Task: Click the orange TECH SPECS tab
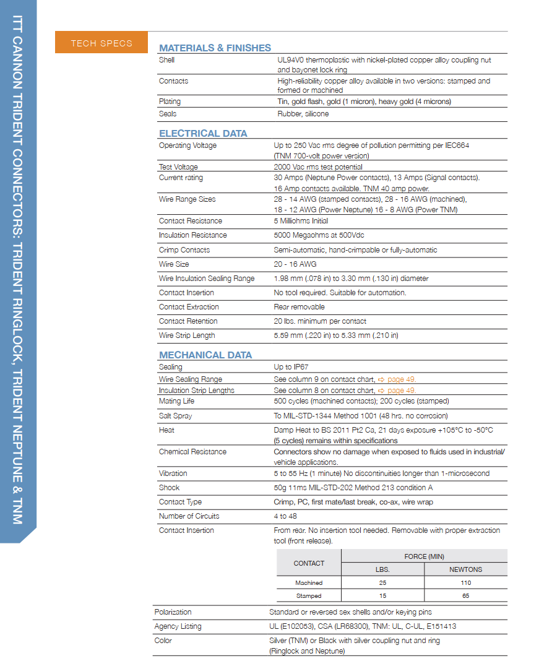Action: (x=101, y=43)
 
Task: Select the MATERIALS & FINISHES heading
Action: (x=215, y=48)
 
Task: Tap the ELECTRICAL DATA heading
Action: (x=203, y=133)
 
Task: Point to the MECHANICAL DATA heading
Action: (x=205, y=355)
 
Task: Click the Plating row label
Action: (x=170, y=102)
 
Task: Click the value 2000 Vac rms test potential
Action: (x=318, y=167)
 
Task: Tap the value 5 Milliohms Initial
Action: (x=301, y=221)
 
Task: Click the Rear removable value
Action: (x=299, y=307)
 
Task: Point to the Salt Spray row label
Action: (x=175, y=416)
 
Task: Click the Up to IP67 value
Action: (x=291, y=367)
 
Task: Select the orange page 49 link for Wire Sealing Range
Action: (x=397, y=379)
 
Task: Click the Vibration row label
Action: (x=173, y=474)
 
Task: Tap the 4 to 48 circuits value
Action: (x=285, y=516)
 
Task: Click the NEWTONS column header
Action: (x=465, y=569)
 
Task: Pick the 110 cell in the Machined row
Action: (x=465, y=583)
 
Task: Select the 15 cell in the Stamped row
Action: (x=382, y=596)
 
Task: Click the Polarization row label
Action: (x=173, y=612)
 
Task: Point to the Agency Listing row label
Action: (x=178, y=626)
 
